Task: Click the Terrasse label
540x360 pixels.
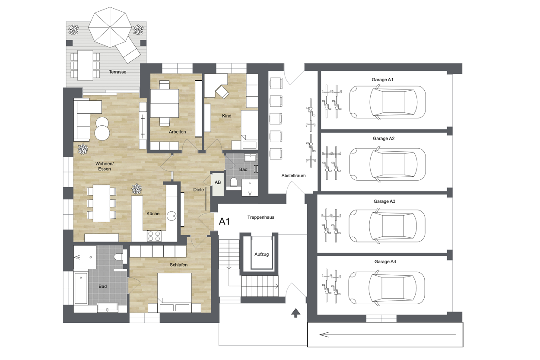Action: pos(118,72)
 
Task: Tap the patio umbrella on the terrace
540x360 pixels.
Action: pos(110,27)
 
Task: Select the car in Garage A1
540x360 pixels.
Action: pos(388,102)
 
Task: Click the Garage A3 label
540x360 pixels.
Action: pos(384,201)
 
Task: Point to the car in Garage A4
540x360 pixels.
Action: pos(387,288)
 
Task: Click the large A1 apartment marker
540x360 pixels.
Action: pos(224,221)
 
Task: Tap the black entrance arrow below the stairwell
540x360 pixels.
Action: pos(295,313)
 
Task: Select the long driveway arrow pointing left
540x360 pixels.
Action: pos(388,335)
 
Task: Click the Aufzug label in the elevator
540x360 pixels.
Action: pos(261,254)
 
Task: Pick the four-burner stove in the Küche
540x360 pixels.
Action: pos(154,236)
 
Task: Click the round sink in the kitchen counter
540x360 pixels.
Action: pos(172,216)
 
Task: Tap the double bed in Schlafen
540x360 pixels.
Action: pos(175,293)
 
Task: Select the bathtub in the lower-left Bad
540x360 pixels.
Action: pos(81,288)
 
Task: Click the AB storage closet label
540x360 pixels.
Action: pos(218,182)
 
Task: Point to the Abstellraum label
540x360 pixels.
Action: pos(293,176)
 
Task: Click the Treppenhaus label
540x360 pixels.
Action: pos(261,217)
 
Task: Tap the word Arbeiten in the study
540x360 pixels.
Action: pos(177,132)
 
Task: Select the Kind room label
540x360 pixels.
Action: pos(227,116)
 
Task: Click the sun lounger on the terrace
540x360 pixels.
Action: pos(128,51)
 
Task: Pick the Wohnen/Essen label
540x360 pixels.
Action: pos(105,166)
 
